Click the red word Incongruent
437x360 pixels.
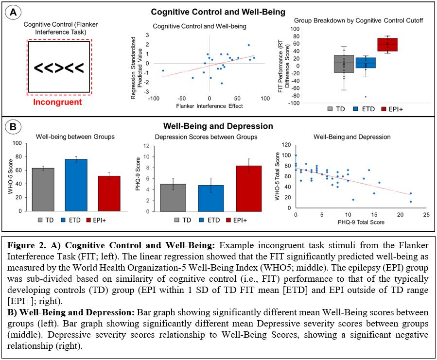(x=58, y=103)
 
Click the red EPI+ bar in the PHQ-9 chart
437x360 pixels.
(x=253, y=189)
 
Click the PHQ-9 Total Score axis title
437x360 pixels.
(x=361, y=222)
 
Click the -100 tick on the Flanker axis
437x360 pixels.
(x=154, y=98)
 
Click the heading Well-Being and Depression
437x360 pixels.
(x=218, y=126)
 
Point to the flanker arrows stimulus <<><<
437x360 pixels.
(x=59, y=67)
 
